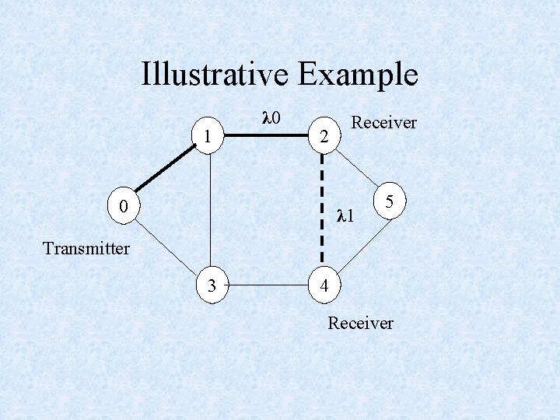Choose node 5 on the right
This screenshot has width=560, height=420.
(x=392, y=201)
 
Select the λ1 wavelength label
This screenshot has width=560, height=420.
(x=345, y=215)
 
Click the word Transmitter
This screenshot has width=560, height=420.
(x=86, y=249)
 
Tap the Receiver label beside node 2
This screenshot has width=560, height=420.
(x=383, y=123)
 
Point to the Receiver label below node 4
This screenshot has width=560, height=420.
(x=360, y=322)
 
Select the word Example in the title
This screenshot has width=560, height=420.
(x=359, y=75)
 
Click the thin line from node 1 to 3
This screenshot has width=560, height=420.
(x=209, y=210)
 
